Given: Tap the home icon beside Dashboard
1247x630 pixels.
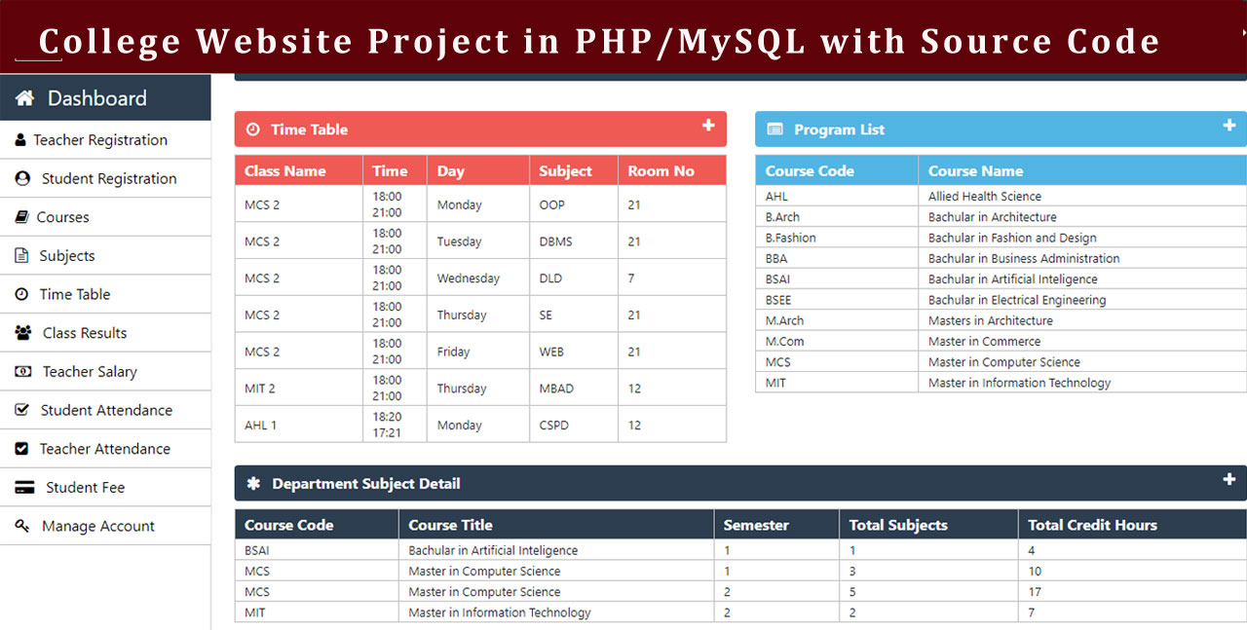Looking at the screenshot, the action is [x=24, y=98].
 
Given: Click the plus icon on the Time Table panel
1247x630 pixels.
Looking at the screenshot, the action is [x=708, y=126].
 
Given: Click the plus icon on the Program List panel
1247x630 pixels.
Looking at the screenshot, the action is [x=1229, y=126].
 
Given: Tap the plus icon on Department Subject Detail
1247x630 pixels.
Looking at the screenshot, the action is [x=1229, y=479].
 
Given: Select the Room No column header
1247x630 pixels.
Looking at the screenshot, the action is [x=661, y=170].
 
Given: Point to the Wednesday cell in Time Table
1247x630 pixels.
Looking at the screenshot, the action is [x=469, y=278].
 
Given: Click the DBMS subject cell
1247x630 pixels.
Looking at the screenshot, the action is [x=555, y=241].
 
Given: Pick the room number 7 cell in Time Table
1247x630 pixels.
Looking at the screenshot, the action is [x=631, y=278].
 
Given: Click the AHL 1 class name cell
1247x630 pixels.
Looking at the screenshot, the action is [x=260, y=426].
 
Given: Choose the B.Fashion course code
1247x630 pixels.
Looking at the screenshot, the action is [x=790, y=238].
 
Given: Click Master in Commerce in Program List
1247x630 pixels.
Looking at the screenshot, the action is [x=984, y=341].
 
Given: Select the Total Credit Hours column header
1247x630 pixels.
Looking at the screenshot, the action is [x=1092, y=525].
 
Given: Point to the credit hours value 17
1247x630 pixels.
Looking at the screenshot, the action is [x=1035, y=592].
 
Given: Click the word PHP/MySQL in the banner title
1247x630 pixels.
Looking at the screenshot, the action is [x=691, y=42].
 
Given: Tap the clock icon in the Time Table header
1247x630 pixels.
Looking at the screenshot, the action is [x=252, y=130].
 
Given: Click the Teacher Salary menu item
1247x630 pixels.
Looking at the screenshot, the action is [x=90, y=371].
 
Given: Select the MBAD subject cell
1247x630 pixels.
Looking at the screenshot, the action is [x=556, y=389].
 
